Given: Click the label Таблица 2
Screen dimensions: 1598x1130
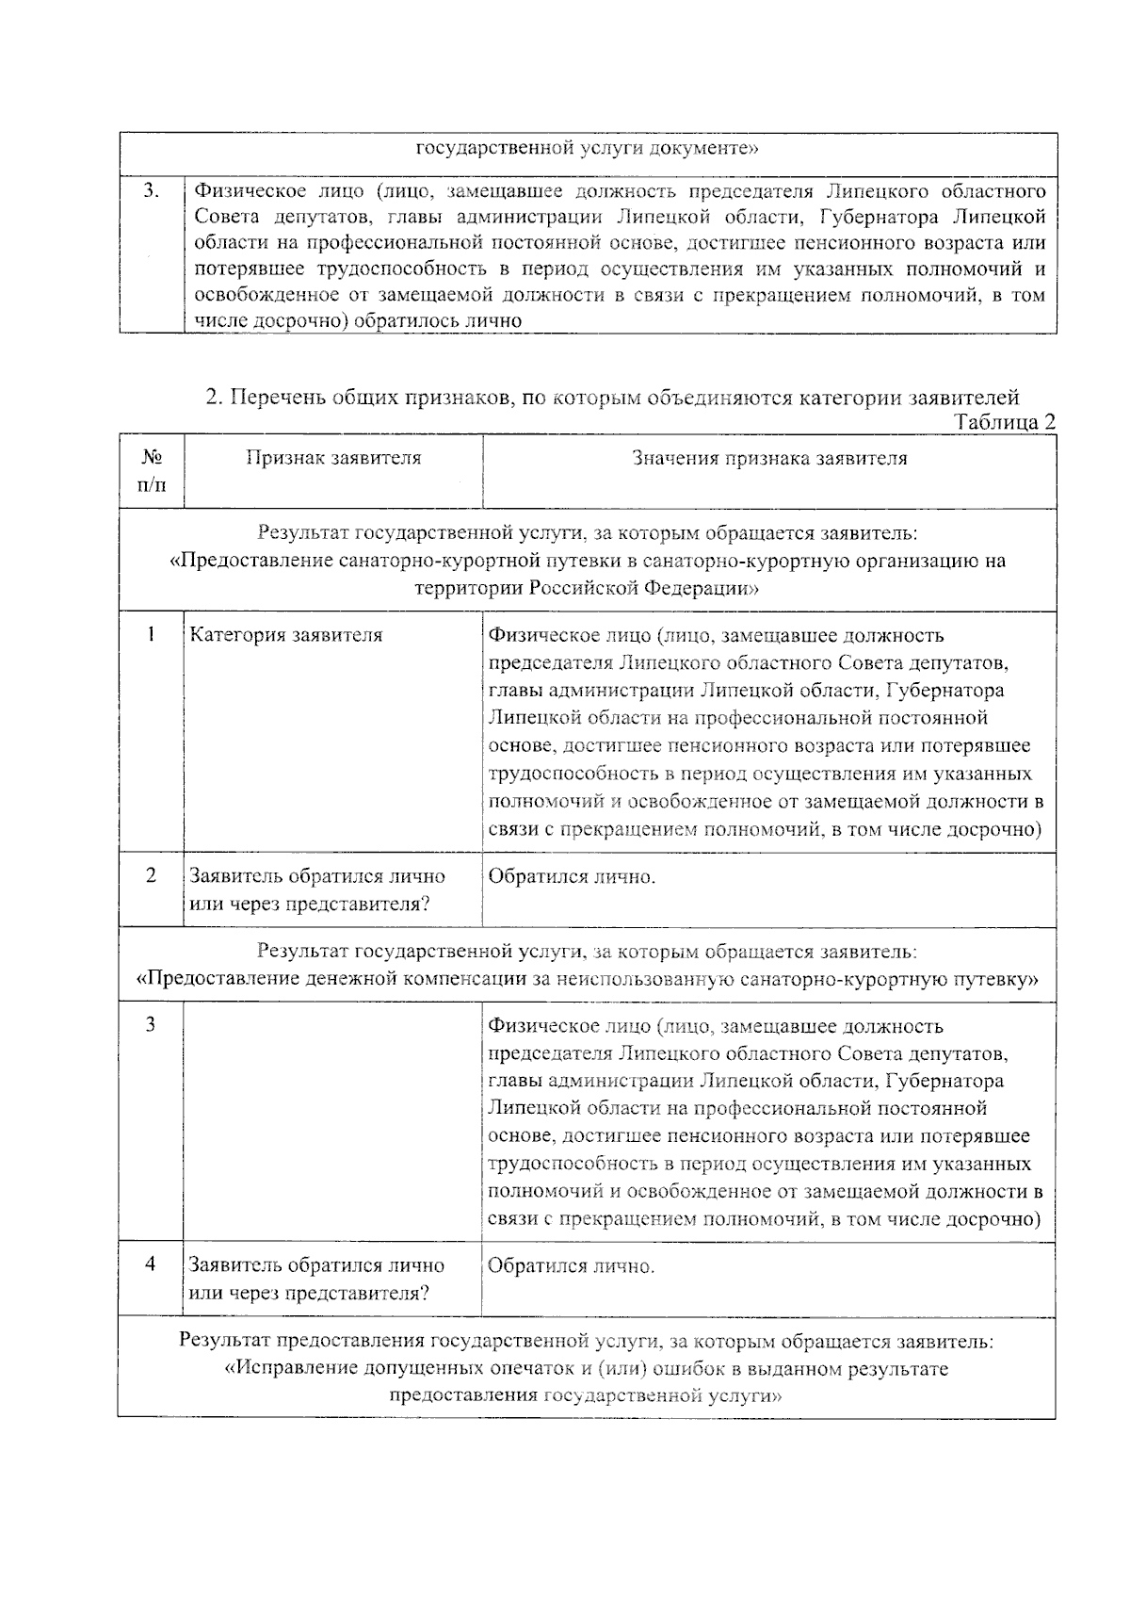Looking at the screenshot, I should coord(1005,422).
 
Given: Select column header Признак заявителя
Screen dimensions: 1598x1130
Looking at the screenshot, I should coord(333,459).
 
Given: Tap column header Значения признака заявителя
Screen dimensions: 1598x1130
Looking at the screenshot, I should coord(769,459).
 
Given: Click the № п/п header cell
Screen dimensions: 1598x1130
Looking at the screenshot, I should coord(152,471).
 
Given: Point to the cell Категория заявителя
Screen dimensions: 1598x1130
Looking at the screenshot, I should coord(286,635).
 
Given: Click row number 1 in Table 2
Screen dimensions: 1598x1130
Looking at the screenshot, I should coord(151,634).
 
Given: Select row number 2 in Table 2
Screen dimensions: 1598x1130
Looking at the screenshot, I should coord(151,875).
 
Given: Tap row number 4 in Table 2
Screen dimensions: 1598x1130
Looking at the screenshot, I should coord(151,1264).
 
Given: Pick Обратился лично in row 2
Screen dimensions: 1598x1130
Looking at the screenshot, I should coord(572,877).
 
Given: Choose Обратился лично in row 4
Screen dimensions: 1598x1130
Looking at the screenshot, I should coord(572,1266).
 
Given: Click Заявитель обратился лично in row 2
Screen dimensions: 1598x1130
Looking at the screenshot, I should coord(317,876).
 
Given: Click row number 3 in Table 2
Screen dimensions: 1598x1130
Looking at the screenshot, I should coord(151,1025).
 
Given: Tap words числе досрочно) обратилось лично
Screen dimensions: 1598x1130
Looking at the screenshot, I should coord(358,320).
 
